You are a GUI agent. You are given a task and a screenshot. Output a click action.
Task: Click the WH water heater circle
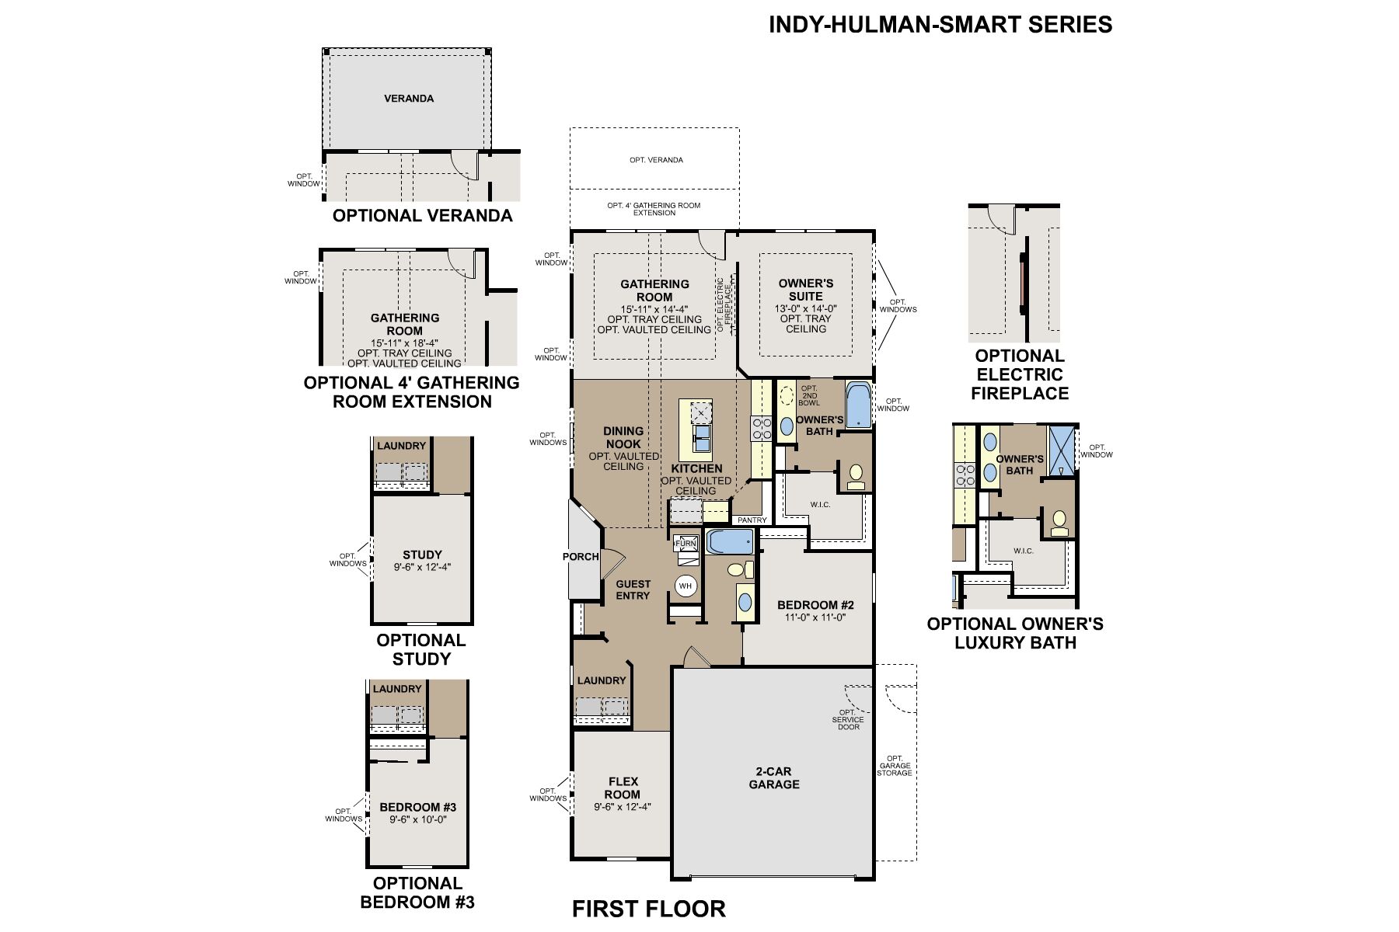click(686, 586)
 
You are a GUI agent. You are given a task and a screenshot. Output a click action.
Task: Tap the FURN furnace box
click(685, 544)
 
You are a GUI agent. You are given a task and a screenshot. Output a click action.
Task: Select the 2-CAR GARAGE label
click(773, 778)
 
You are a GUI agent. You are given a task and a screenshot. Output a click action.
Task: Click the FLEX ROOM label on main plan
click(623, 788)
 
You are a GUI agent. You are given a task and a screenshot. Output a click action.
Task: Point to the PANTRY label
click(752, 520)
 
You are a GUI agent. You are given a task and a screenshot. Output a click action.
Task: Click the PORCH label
click(581, 557)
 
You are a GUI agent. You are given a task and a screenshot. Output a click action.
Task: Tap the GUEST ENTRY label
click(633, 589)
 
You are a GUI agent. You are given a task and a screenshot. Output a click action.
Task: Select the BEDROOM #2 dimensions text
click(815, 618)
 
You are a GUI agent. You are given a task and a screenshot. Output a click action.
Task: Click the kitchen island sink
click(702, 439)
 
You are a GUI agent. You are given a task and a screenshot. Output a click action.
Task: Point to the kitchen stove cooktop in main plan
click(761, 429)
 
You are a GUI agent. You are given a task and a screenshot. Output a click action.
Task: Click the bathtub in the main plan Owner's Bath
click(858, 405)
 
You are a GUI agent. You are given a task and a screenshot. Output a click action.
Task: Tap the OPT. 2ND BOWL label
click(809, 396)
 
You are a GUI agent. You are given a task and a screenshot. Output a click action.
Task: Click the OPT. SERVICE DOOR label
click(847, 719)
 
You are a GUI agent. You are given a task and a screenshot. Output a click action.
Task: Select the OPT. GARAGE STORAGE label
click(895, 766)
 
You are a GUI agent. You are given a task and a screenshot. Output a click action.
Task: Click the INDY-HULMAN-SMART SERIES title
click(940, 25)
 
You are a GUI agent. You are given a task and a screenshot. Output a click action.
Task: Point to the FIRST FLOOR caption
click(649, 909)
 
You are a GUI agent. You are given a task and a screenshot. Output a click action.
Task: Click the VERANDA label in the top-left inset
click(409, 99)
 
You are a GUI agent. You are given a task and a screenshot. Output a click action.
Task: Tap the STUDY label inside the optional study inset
click(422, 555)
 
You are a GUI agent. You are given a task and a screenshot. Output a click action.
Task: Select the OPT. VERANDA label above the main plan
click(657, 160)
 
